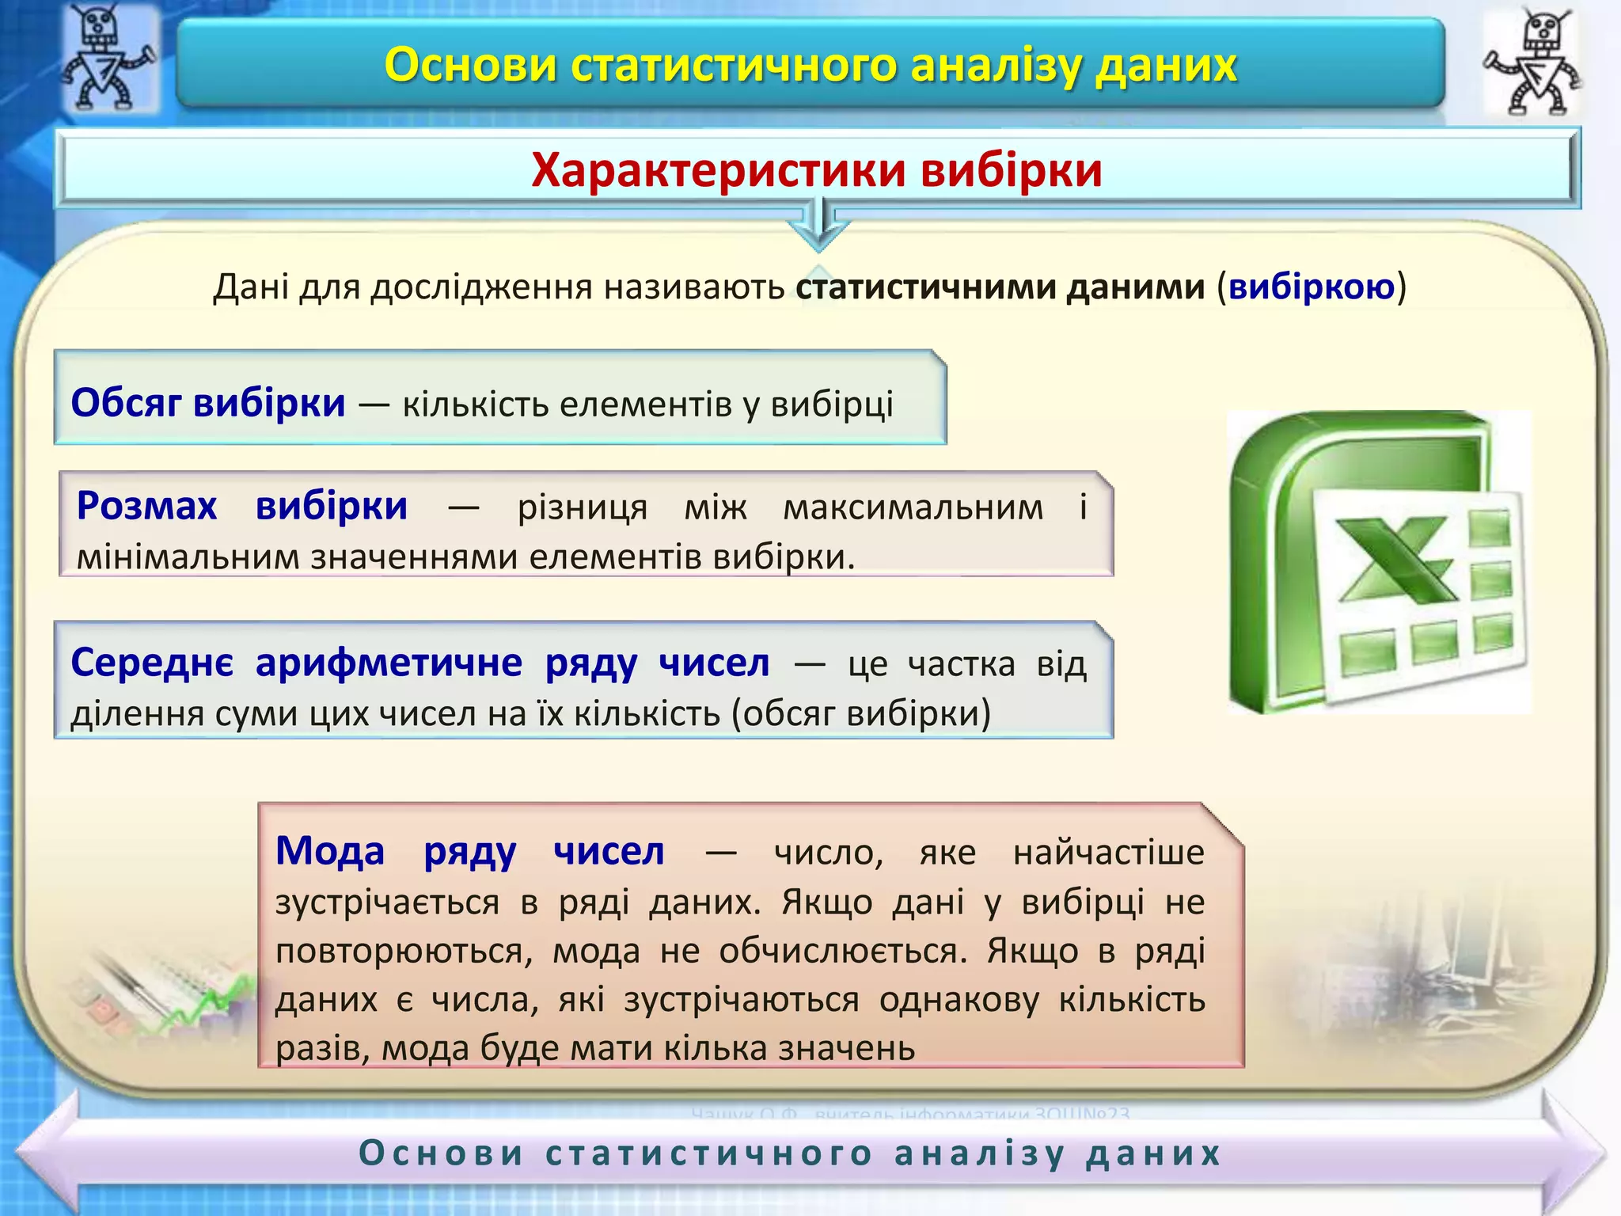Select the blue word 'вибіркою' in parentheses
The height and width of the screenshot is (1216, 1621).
(1311, 287)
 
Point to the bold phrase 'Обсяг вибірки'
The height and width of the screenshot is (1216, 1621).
(208, 403)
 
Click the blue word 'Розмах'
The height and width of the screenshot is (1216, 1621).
(146, 506)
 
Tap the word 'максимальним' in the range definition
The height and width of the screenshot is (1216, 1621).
(913, 507)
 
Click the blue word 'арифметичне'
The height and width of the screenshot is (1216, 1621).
(388, 663)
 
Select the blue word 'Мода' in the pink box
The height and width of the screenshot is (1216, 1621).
(329, 852)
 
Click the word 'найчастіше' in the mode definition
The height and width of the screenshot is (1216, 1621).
(1108, 853)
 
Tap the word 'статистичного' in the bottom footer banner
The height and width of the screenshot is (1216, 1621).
(709, 1153)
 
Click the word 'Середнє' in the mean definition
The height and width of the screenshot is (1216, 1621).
(152, 663)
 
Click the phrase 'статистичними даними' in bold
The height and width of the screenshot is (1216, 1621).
(1000, 287)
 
